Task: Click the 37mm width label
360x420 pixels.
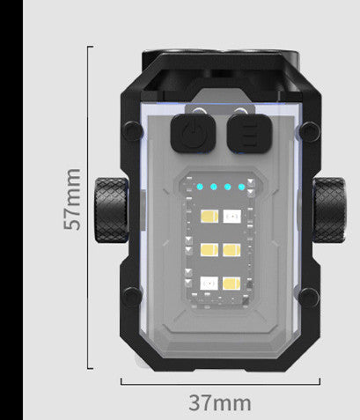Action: click(220, 403)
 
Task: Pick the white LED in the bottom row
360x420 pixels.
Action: click(211, 283)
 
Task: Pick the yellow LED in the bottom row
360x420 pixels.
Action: click(233, 283)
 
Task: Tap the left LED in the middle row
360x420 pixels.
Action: click(211, 249)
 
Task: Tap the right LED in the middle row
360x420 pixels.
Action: click(233, 249)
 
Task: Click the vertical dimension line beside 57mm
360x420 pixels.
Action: click(91, 264)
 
